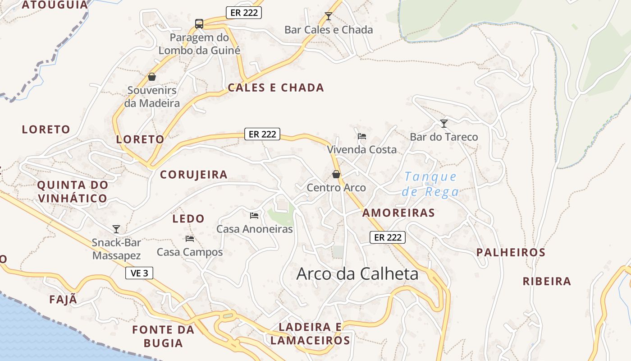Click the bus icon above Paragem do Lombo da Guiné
[x=199, y=23]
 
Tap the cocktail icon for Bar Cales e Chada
[x=329, y=16]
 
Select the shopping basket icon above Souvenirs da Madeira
[x=152, y=77]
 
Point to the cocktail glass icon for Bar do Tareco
[x=444, y=123]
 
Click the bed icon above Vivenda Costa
[x=361, y=136]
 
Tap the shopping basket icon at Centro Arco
[x=336, y=174]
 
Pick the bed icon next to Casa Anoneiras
[x=254, y=216]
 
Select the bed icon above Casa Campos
[x=189, y=238]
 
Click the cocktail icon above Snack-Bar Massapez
[x=116, y=229]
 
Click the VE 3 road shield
[x=139, y=273]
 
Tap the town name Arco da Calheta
[x=357, y=274]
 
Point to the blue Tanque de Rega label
[x=430, y=184]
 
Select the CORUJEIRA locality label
[x=194, y=175]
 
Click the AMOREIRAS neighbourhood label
[x=398, y=213]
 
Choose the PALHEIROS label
[x=511, y=252]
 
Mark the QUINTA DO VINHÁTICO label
[x=73, y=191]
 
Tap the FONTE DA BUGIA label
[x=163, y=336]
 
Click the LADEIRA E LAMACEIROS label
[x=311, y=333]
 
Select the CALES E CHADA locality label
[x=276, y=88]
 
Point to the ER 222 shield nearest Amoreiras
[x=388, y=237]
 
